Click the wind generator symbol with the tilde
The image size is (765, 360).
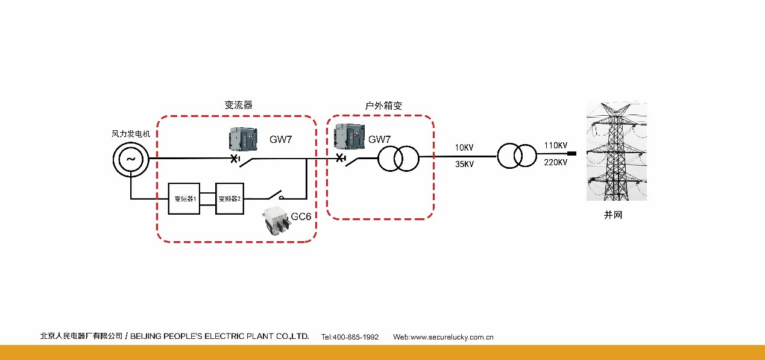pos(130,159)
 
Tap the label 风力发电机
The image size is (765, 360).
pos(131,134)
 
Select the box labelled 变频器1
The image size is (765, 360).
pos(183,198)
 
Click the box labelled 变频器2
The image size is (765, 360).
pos(230,198)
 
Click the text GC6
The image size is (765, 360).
pos(301,216)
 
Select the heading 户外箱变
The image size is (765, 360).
pos(383,106)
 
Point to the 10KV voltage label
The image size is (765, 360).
pos(465,148)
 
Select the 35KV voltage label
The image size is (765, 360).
pos(465,164)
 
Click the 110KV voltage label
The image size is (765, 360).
pos(555,146)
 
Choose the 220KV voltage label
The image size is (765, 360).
pos(555,162)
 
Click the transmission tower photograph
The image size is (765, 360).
pos(616,151)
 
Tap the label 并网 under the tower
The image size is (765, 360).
pos(612,215)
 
